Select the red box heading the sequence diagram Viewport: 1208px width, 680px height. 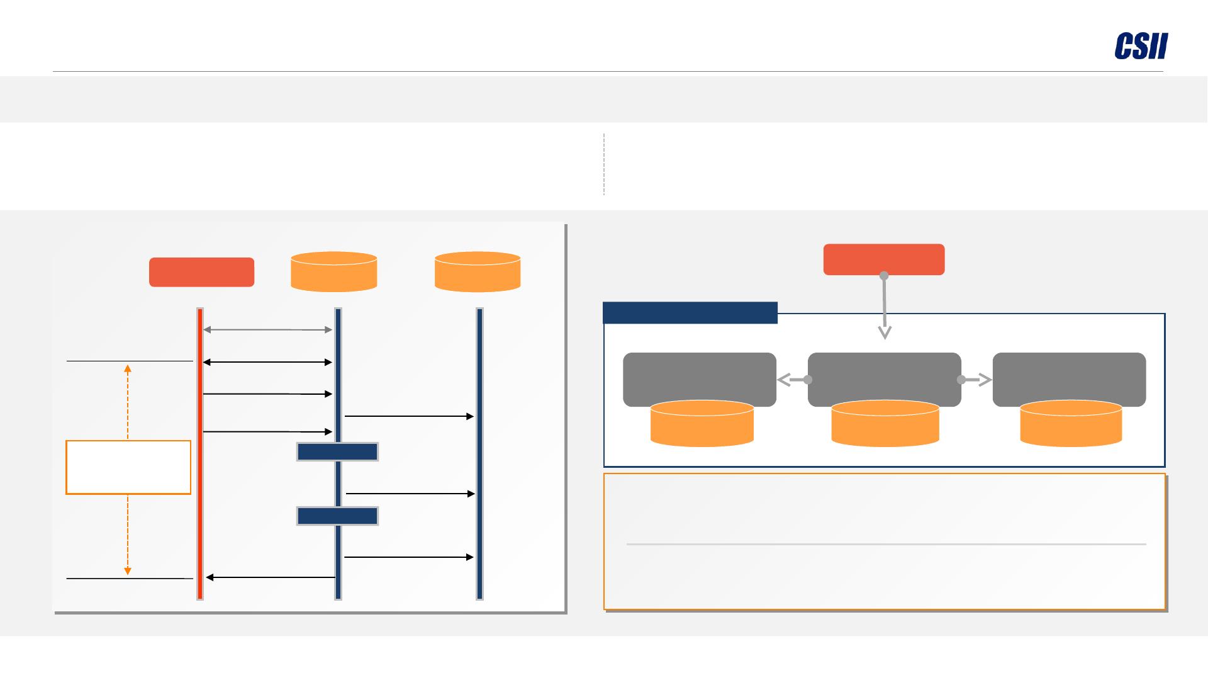(201, 272)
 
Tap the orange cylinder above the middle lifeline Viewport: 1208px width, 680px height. (333, 272)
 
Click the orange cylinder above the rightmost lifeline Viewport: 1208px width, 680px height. (478, 272)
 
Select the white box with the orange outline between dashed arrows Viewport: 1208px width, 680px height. (128, 467)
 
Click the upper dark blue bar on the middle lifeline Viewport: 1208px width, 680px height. (337, 452)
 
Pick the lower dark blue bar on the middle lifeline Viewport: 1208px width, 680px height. (337, 516)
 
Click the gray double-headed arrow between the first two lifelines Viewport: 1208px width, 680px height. (267, 329)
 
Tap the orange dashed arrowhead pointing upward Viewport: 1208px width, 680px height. (128, 368)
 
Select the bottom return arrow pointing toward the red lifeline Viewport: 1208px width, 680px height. (271, 577)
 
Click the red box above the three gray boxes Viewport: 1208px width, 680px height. (883, 259)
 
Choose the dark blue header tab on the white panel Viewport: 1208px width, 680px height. (690, 313)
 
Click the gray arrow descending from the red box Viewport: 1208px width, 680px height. (885, 309)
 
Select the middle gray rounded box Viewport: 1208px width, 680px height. (884, 377)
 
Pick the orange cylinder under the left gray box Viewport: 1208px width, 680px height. (702, 424)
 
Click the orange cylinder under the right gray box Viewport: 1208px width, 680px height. (1070, 424)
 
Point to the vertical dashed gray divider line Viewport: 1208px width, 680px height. (604, 164)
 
